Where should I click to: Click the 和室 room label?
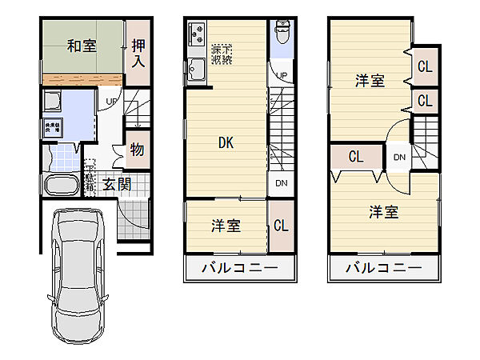(x=82, y=46)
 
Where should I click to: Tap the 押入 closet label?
(x=138, y=54)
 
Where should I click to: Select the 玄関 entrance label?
(x=117, y=183)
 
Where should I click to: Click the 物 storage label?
(x=137, y=150)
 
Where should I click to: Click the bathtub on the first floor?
(x=60, y=185)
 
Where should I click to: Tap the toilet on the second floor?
(x=282, y=34)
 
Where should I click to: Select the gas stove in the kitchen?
(x=198, y=36)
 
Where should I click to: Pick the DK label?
(x=227, y=143)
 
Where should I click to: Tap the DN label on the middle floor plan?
(x=282, y=183)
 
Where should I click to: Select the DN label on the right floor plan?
(x=399, y=157)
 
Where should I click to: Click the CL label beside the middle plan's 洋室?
(x=281, y=226)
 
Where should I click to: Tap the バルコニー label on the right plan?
(x=383, y=267)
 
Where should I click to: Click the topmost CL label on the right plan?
(x=425, y=67)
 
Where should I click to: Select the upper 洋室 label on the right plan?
(x=370, y=80)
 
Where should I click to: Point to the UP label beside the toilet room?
(x=282, y=76)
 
